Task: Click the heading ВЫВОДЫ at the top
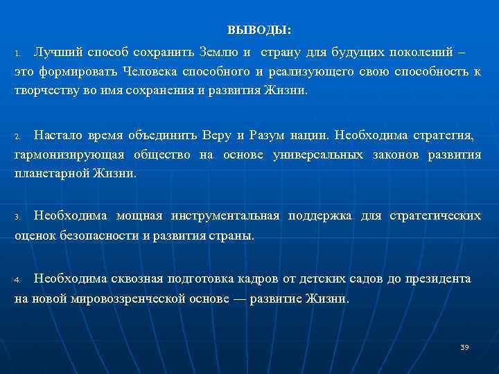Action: pyautogui.click(x=259, y=31)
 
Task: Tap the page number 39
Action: pyautogui.click(x=464, y=346)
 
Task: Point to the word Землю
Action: pyautogui.click(x=219, y=53)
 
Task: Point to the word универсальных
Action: pyautogui.click(x=318, y=154)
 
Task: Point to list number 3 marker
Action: pyautogui.click(x=19, y=217)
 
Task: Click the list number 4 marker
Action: pyautogui.click(x=19, y=280)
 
